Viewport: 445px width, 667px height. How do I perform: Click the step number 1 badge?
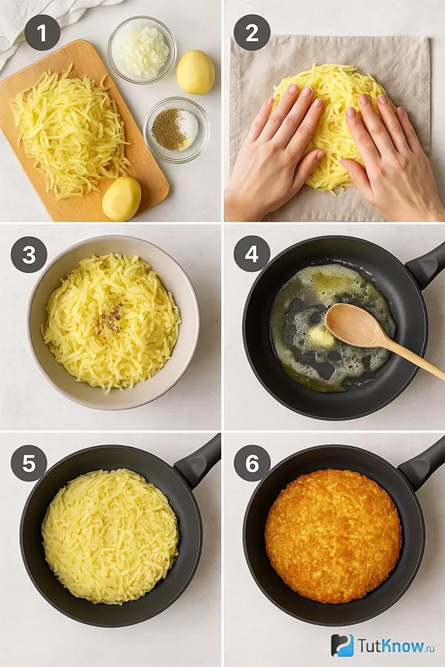(42, 33)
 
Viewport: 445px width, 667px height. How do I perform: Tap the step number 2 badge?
(252, 33)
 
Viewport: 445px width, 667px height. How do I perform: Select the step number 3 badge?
(29, 254)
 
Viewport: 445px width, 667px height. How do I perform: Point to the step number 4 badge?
(252, 254)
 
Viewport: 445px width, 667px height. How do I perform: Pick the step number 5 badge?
(29, 463)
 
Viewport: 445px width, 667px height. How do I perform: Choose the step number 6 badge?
(252, 463)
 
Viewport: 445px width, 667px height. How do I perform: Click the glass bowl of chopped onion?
(142, 50)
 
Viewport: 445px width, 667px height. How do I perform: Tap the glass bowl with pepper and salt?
(177, 130)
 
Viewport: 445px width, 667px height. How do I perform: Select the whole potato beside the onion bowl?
(196, 72)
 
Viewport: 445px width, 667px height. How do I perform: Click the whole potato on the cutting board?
(122, 198)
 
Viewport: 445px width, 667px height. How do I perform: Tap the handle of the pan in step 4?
(426, 264)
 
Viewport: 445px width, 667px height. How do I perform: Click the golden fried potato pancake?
(333, 536)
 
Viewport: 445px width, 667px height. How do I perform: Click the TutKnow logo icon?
(342, 645)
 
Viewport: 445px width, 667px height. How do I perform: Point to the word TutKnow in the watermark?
(391, 646)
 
